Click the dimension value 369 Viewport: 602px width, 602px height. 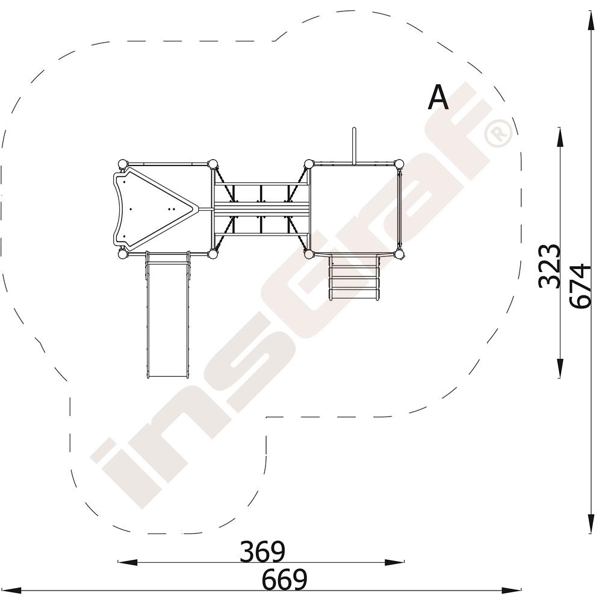tap(262, 551)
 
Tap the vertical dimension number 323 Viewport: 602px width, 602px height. tap(550, 266)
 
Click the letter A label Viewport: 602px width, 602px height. tap(438, 97)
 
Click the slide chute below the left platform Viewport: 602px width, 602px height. tap(168, 315)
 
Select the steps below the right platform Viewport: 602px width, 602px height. tap(355, 277)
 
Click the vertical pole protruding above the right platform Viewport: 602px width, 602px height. tap(355, 146)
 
